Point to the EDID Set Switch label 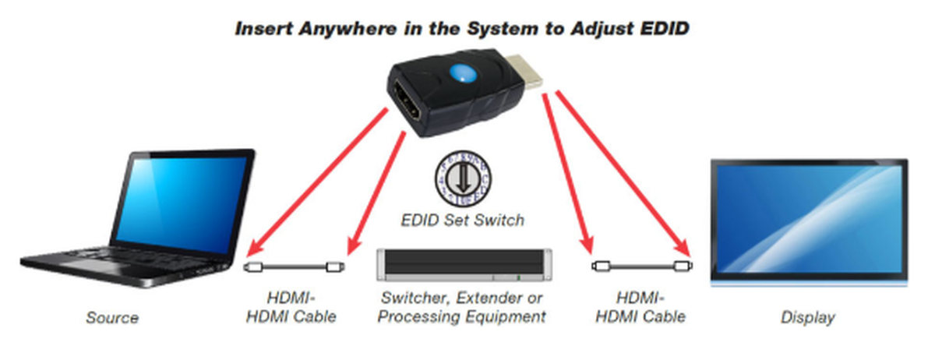click(x=464, y=221)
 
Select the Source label click(x=112, y=318)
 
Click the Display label click(x=807, y=318)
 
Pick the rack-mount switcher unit click(x=464, y=266)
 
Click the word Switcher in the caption click(x=411, y=298)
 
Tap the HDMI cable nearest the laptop click(x=295, y=266)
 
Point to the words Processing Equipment click(x=464, y=317)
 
